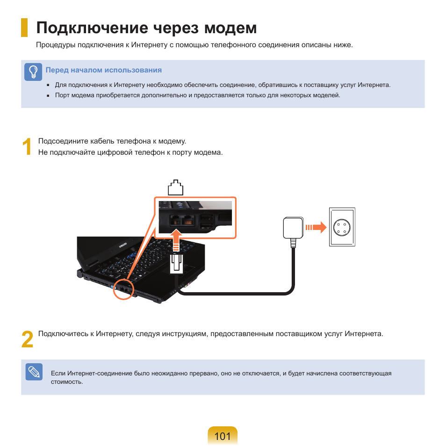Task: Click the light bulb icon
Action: coord(33,72)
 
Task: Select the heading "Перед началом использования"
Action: coord(103,70)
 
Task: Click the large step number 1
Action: coord(27,147)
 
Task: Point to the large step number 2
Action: coord(28,340)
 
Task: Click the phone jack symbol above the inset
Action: coord(175,187)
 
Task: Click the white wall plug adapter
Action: coord(293,229)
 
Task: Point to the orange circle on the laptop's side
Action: coord(123,288)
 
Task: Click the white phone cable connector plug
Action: coord(176,263)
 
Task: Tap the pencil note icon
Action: coord(34,372)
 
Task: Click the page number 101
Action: coord(223,436)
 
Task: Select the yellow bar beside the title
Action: coord(24,28)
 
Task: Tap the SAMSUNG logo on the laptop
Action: coord(122,246)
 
